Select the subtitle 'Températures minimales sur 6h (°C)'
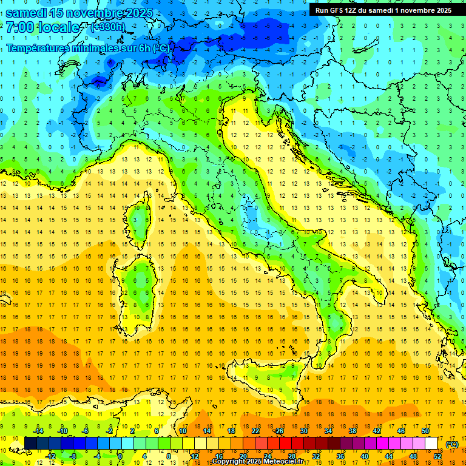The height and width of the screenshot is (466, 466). [88, 48]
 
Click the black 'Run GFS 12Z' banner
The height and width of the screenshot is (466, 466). [383, 10]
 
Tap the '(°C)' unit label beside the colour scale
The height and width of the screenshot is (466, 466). [452, 444]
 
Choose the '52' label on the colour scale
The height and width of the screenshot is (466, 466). [437, 456]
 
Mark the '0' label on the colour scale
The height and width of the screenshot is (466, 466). [120, 456]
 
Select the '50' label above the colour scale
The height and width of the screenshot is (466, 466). [425, 431]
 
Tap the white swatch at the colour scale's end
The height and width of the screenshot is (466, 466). [431, 444]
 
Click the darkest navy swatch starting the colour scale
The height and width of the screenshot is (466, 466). [30, 444]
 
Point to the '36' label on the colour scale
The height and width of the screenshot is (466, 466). [340, 456]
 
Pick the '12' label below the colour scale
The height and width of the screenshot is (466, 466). [194, 456]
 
